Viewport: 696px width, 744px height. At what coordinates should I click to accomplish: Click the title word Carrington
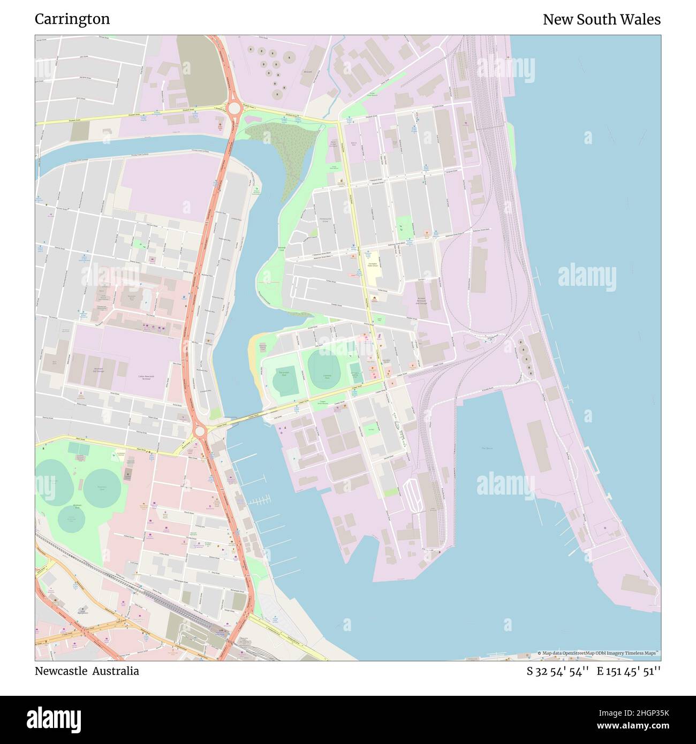click(72, 19)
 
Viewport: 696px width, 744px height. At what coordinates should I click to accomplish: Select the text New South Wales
click(601, 19)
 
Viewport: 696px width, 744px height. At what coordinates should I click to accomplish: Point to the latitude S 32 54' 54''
click(557, 671)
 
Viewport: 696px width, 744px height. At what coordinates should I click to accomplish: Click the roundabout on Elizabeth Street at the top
click(234, 108)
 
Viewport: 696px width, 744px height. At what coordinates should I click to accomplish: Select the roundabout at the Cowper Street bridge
click(200, 431)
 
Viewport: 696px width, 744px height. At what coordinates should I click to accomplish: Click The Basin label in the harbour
click(486, 448)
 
